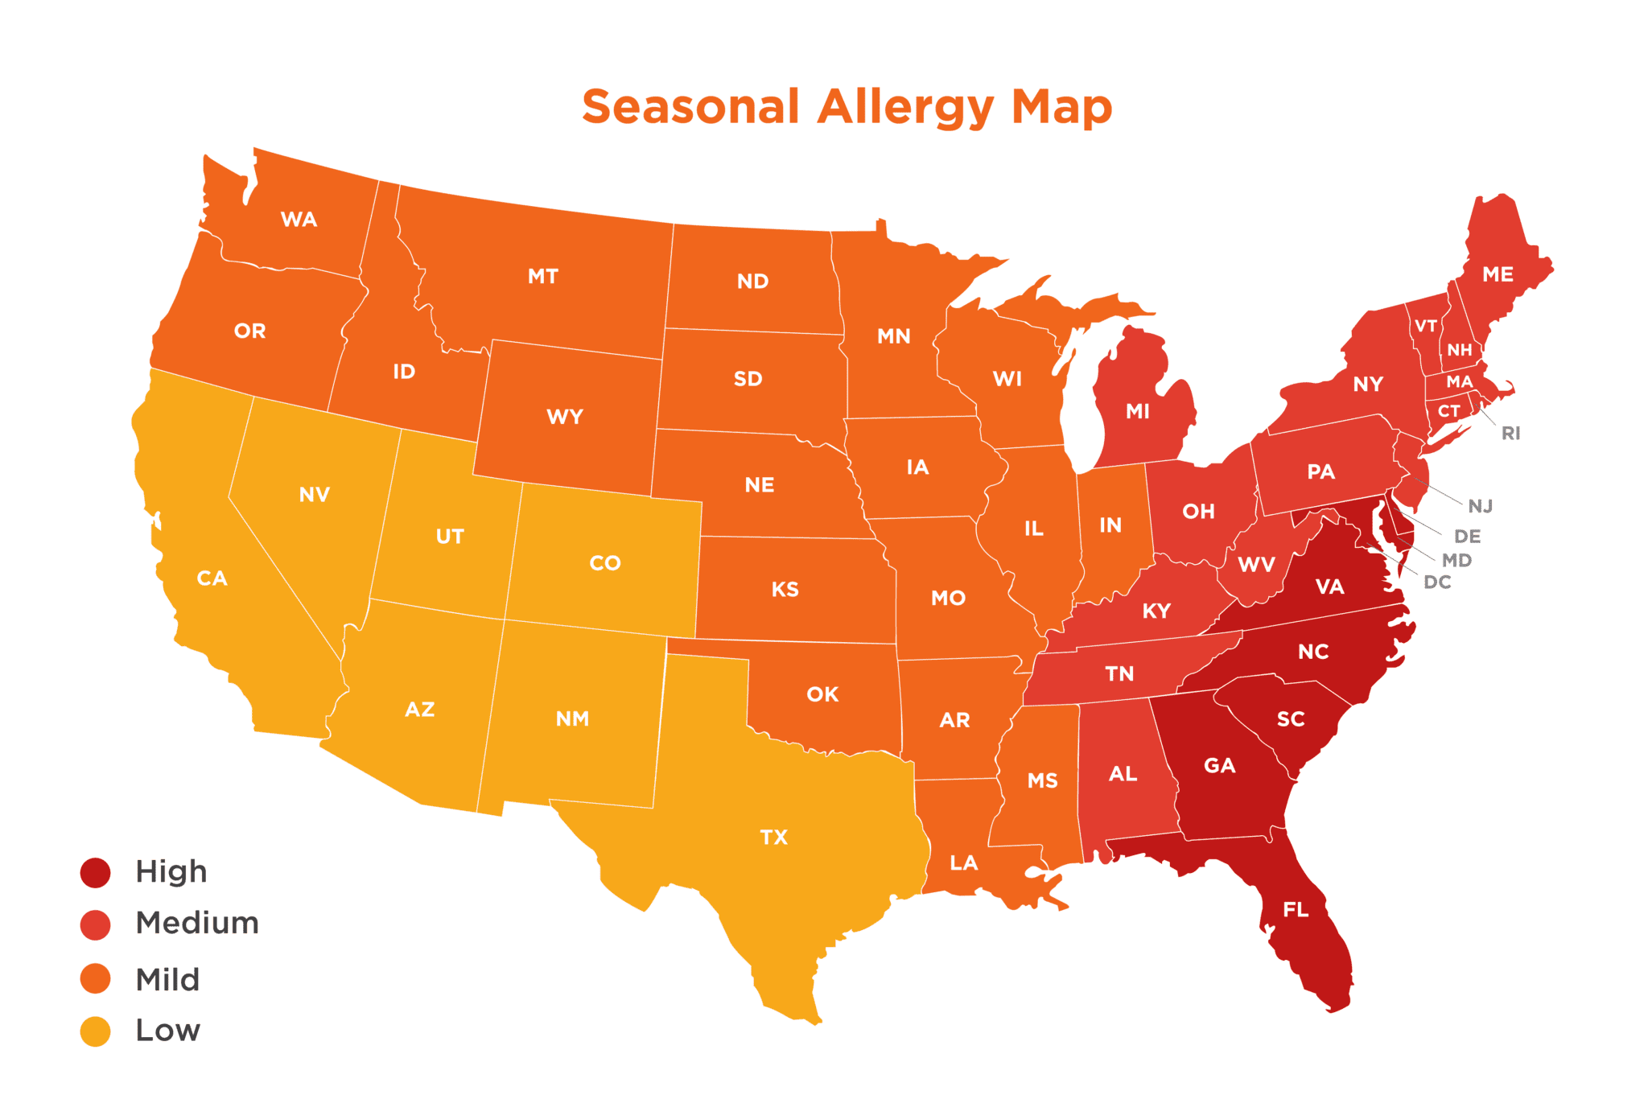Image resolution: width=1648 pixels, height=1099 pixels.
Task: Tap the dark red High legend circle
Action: [x=95, y=872]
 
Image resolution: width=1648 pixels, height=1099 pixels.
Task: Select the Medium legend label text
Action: [x=197, y=923]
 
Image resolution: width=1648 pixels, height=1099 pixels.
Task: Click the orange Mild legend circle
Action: [x=95, y=979]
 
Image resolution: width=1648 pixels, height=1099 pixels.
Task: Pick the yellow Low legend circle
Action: [x=95, y=1031]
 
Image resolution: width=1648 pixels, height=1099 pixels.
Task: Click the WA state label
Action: [x=299, y=220]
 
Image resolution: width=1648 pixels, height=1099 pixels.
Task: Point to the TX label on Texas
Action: [x=773, y=838]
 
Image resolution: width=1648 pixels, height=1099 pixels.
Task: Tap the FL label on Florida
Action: [x=1296, y=910]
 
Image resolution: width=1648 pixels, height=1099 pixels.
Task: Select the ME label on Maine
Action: [x=1498, y=274]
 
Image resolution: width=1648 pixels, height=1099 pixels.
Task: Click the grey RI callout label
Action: [x=1510, y=434]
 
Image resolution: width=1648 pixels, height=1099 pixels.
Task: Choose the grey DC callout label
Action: [x=1437, y=582]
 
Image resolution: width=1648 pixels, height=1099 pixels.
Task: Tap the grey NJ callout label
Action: [x=1480, y=506]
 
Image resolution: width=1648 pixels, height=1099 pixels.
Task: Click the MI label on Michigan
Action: [x=1137, y=412]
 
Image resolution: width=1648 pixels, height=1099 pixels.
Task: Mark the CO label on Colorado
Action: [x=605, y=563]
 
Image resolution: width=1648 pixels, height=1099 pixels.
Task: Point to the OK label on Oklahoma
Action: [x=822, y=694]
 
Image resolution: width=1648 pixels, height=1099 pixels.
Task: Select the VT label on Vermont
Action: [x=1426, y=326]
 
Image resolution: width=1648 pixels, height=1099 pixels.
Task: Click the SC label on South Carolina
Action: [x=1291, y=719]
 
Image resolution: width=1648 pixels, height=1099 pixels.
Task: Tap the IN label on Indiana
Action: [x=1110, y=525]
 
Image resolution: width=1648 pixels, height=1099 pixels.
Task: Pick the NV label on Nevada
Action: [x=314, y=495]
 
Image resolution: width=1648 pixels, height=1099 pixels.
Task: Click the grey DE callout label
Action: [x=1467, y=537]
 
